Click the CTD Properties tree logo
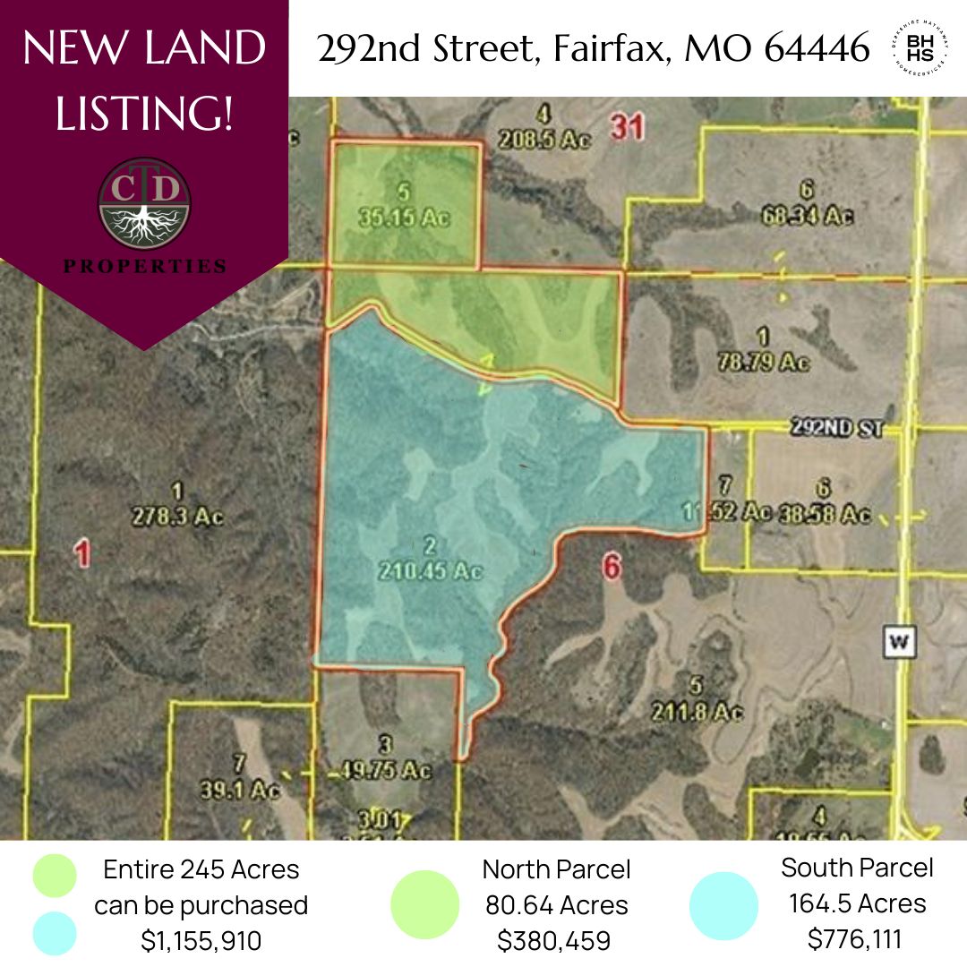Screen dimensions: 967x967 pyautogui.click(x=143, y=202)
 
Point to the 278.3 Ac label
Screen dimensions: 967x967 pyautogui.click(x=176, y=518)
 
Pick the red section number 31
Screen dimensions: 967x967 pyautogui.click(x=627, y=128)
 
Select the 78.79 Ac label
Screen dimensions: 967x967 pyautogui.click(x=764, y=362)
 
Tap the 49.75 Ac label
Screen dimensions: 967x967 pyautogui.click(x=386, y=769)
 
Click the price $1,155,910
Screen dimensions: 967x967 pyautogui.click(x=201, y=941)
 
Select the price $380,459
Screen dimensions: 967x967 pyautogui.click(x=556, y=941)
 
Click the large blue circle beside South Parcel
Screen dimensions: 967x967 pyautogui.click(x=723, y=905)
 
